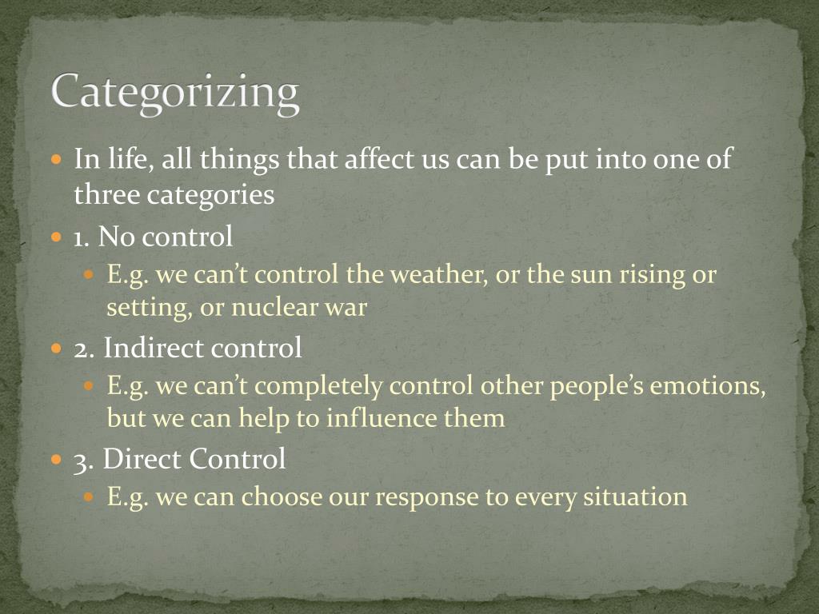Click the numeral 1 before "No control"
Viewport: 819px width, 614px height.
point(79,237)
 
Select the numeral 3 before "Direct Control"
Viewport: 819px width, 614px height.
point(81,459)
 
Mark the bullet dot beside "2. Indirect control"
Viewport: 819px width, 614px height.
point(56,349)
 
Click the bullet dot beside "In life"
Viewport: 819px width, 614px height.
point(56,159)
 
